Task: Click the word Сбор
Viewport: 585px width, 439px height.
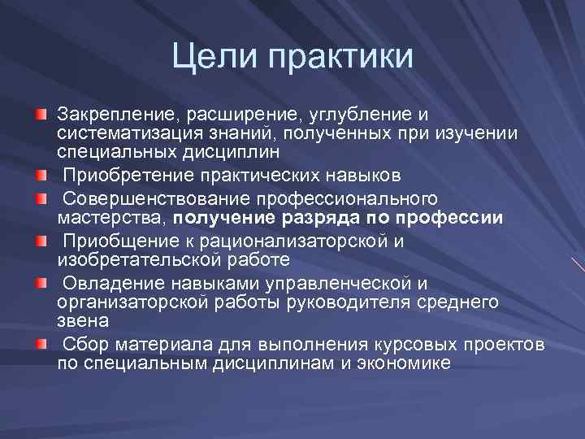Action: (84, 344)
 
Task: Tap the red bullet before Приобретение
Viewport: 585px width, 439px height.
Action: (41, 175)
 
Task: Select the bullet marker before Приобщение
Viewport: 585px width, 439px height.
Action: (41, 241)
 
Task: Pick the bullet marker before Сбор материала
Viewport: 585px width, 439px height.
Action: (41, 344)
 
